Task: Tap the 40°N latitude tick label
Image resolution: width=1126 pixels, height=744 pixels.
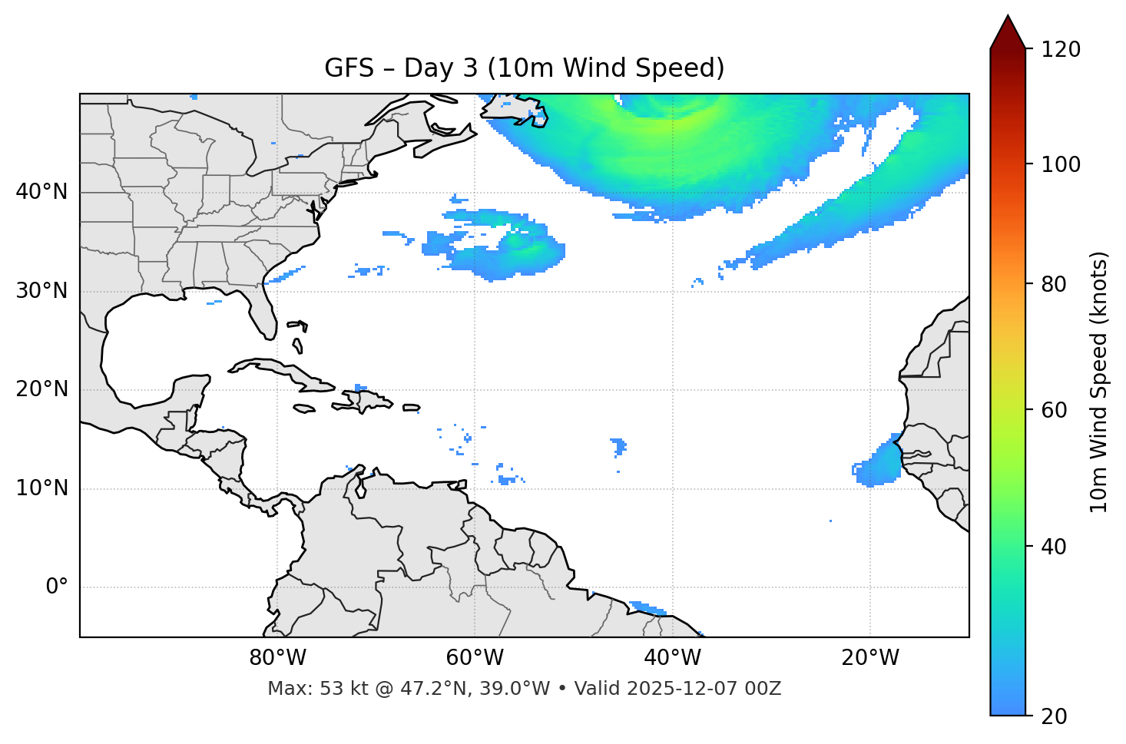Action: (x=41, y=192)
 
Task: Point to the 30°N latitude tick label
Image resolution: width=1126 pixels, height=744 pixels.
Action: (x=41, y=291)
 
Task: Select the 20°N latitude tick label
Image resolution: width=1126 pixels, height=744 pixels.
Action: (x=41, y=389)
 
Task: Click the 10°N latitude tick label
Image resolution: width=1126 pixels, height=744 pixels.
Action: (x=41, y=488)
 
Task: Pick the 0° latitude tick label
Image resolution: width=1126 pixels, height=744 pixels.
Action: (x=57, y=587)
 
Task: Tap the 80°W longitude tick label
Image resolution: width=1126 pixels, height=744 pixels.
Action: (x=277, y=658)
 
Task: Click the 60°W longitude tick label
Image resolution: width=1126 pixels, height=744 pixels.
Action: (x=475, y=658)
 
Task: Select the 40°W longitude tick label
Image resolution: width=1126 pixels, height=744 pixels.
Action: (x=672, y=658)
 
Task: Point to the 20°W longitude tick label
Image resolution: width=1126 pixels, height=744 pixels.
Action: (x=869, y=658)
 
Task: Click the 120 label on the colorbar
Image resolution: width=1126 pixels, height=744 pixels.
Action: (x=1061, y=50)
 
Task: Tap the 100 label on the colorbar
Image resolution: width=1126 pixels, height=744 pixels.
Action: (x=1061, y=164)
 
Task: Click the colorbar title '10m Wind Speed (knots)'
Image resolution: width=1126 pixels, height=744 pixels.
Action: (x=1099, y=382)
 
